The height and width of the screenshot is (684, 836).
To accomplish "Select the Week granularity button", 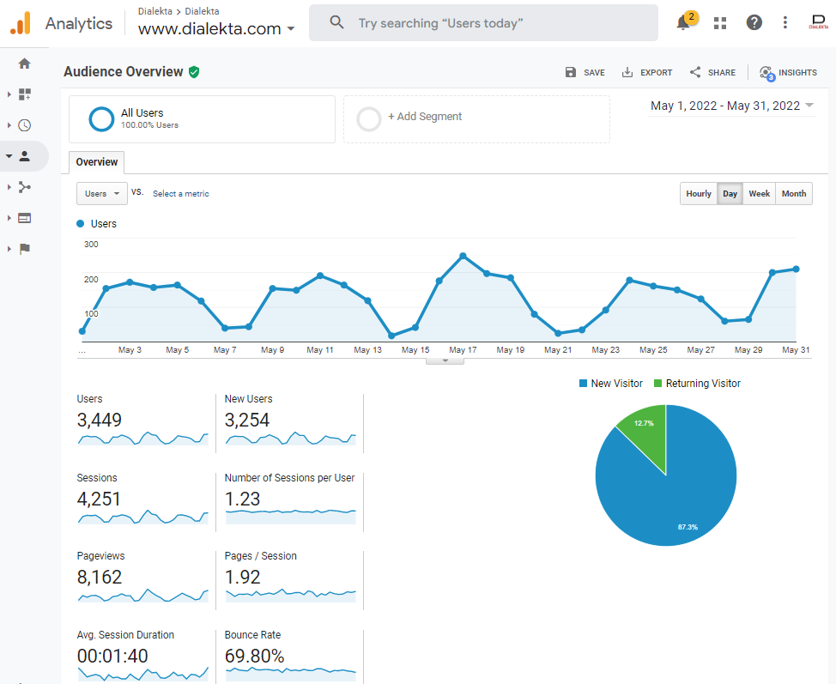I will pos(759,194).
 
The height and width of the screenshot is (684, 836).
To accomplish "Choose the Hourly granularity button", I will pos(699,194).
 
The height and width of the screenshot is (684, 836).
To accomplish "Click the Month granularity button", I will pos(794,194).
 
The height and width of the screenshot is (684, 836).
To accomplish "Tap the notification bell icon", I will pos(683,23).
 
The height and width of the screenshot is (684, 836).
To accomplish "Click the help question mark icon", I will pos(754,23).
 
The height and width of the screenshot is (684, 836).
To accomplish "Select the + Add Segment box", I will pos(476,118).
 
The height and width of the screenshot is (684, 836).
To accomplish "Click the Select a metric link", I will pos(180,194).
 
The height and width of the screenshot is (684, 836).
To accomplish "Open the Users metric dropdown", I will pos(102,194).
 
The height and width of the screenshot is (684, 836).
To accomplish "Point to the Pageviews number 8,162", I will pos(100,578).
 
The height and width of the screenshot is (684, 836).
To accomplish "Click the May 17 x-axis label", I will pos(463,350).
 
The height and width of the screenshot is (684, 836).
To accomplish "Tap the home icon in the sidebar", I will pos(24,64).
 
